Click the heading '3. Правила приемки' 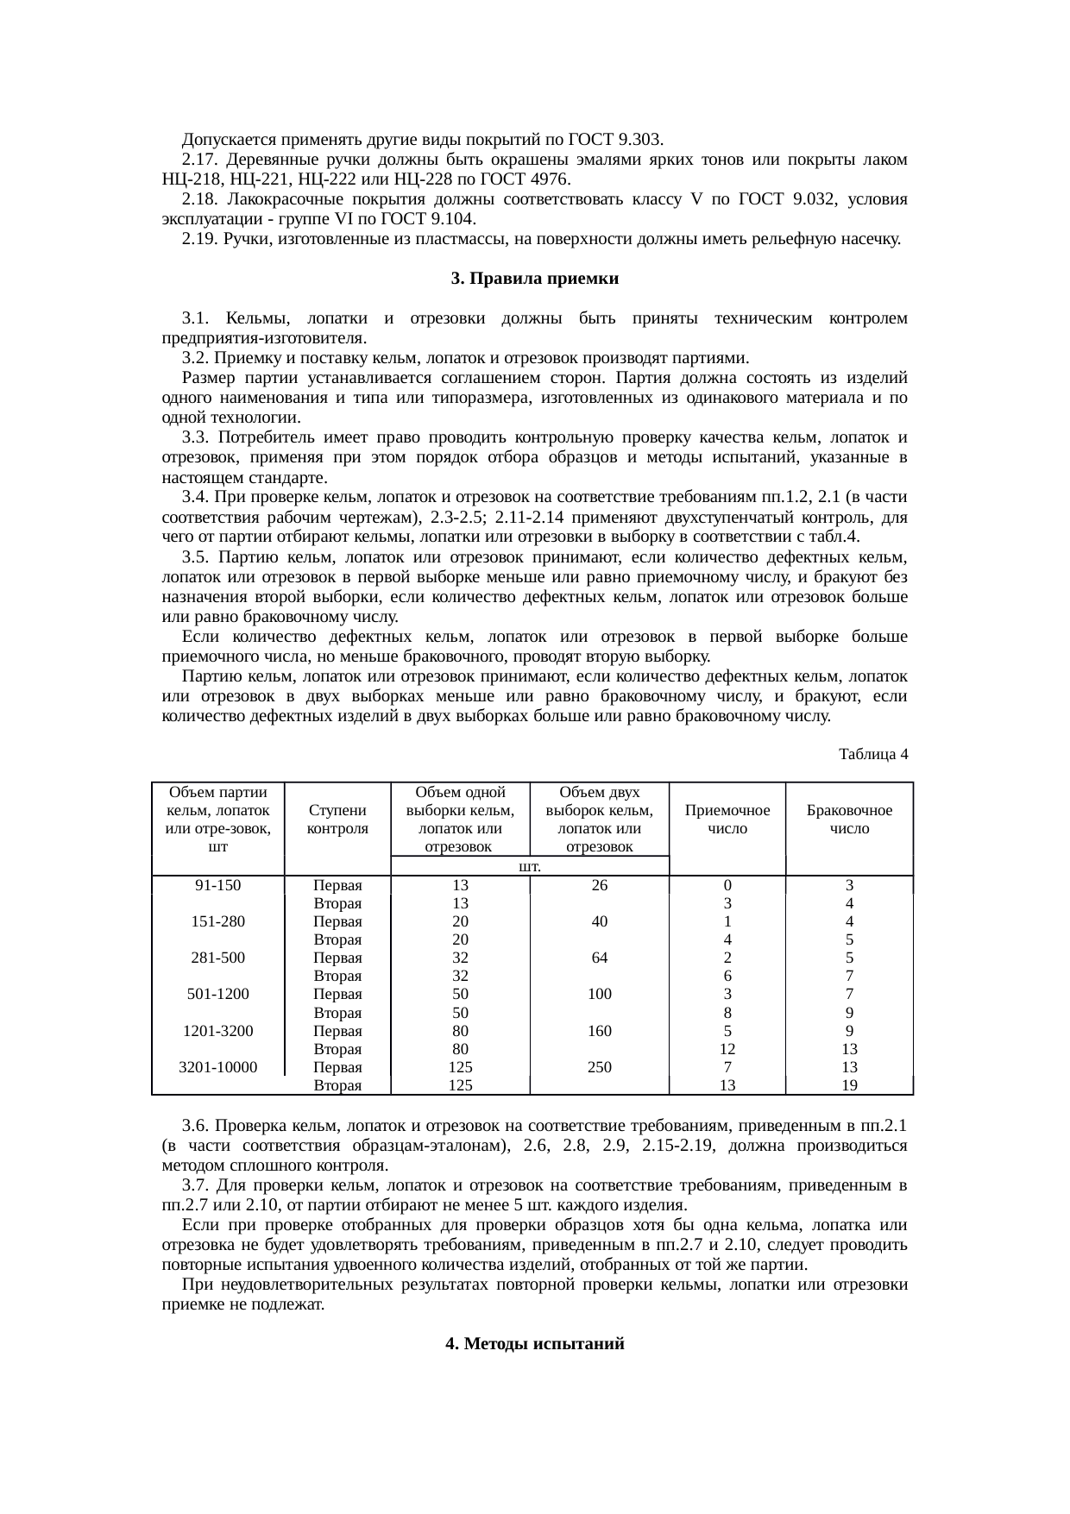pyautogui.click(x=534, y=280)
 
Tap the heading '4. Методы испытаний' pyautogui.click(x=534, y=1344)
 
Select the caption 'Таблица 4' pyautogui.click(x=872, y=754)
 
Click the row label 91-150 pyautogui.click(x=217, y=885)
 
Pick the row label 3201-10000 pyautogui.click(x=217, y=1067)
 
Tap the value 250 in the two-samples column pyautogui.click(x=599, y=1067)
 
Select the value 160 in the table pyautogui.click(x=599, y=1031)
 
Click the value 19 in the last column pyautogui.click(x=849, y=1085)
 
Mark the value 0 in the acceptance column pyautogui.click(x=727, y=885)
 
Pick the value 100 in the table pyautogui.click(x=599, y=994)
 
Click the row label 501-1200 pyautogui.click(x=217, y=994)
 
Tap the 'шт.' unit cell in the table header pyautogui.click(x=529, y=865)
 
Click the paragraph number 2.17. pyautogui.click(x=198, y=160)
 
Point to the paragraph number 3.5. pyautogui.click(x=198, y=557)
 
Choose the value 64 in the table pyautogui.click(x=599, y=958)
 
